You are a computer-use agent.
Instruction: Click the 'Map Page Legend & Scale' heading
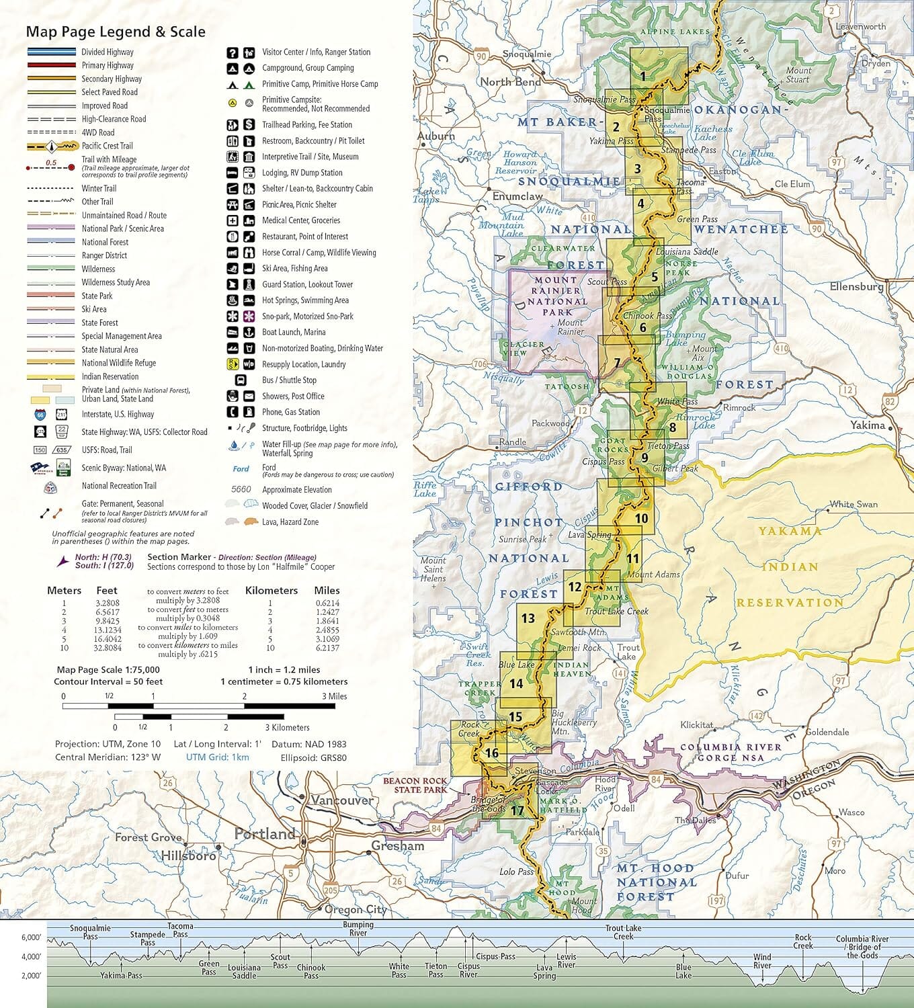coord(116,32)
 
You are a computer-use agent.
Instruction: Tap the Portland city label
coord(265,834)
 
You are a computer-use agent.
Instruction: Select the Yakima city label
coord(867,425)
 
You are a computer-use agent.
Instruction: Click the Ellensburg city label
coord(856,286)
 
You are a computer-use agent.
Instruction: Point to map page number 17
coord(517,810)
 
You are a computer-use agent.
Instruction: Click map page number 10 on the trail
coord(641,518)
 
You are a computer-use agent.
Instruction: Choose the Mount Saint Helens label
coord(433,569)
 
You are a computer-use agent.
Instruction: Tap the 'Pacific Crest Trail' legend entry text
coord(107,146)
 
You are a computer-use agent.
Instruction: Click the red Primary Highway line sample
coord(51,65)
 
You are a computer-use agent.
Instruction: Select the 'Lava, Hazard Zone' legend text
coord(290,522)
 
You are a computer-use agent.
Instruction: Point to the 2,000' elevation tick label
coord(31,976)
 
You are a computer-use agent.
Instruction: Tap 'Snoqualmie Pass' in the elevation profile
coord(90,932)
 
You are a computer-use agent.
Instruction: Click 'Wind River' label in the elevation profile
coord(762,961)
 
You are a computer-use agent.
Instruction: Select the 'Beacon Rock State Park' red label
coord(415,785)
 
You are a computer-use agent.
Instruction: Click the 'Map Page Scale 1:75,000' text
coord(108,669)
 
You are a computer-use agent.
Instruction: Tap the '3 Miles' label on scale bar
coord(334,696)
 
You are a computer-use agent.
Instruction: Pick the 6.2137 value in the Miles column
coord(327,648)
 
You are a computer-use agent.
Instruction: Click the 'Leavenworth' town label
coord(861,27)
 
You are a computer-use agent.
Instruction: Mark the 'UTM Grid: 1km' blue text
coord(217,757)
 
